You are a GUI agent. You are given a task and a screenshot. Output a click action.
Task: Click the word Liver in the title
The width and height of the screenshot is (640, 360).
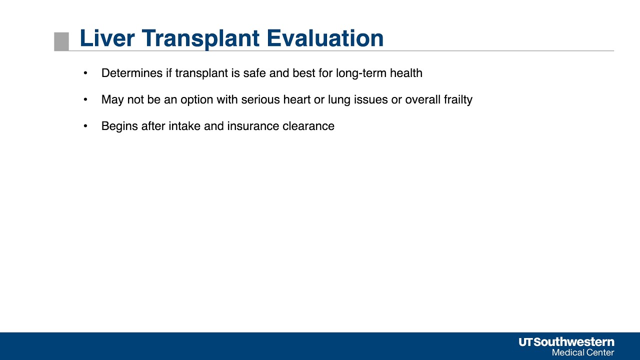point(107,38)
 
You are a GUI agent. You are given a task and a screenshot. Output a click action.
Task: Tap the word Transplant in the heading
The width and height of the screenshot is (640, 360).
point(200,39)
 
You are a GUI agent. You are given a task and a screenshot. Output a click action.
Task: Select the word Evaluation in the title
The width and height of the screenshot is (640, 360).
point(325,38)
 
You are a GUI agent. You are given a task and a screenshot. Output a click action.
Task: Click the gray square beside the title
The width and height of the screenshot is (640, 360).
point(61,41)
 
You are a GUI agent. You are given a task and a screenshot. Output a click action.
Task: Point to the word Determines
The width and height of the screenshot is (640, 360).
point(132,73)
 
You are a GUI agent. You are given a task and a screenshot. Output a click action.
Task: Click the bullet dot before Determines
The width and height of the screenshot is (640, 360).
point(85,73)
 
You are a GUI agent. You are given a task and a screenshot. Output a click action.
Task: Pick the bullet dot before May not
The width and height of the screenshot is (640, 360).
point(85,99)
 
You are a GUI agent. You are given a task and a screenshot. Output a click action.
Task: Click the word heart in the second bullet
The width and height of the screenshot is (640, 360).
point(297,99)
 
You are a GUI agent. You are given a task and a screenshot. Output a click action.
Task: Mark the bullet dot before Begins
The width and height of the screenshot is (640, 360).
point(85,126)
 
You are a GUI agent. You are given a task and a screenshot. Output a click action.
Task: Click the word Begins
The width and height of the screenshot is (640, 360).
point(119,126)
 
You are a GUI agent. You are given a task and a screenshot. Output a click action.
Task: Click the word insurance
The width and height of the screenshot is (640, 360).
point(253,126)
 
